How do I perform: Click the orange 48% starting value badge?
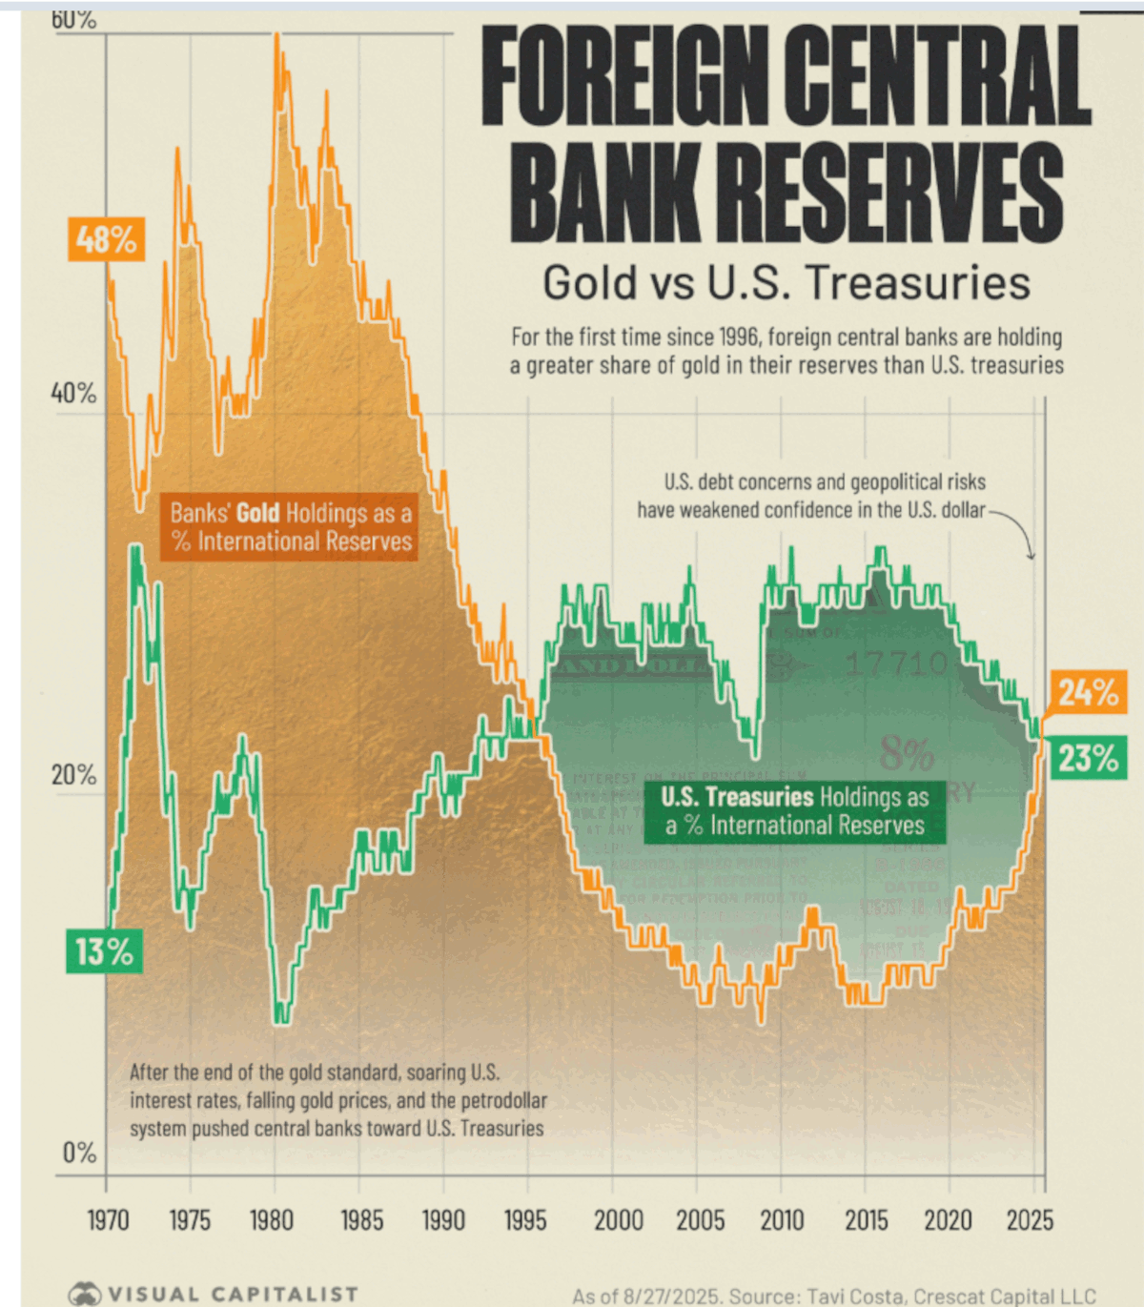[107, 239]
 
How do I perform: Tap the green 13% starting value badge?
[105, 951]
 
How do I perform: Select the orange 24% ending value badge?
[1088, 692]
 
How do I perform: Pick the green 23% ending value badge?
[1088, 759]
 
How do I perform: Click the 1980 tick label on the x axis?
[272, 1220]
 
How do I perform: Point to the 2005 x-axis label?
[701, 1220]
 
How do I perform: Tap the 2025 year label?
[1030, 1220]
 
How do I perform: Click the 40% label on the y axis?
[73, 393]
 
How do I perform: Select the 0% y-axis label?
[80, 1154]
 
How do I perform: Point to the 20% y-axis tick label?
[73, 775]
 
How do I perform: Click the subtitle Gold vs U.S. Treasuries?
[786, 283]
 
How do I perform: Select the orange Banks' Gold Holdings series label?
[290, 527]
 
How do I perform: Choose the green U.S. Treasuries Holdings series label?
[795, 811]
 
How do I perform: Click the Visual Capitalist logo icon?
[84, 1294]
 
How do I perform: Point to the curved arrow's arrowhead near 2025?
[1031, 556]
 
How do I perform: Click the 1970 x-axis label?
[108, 1220]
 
